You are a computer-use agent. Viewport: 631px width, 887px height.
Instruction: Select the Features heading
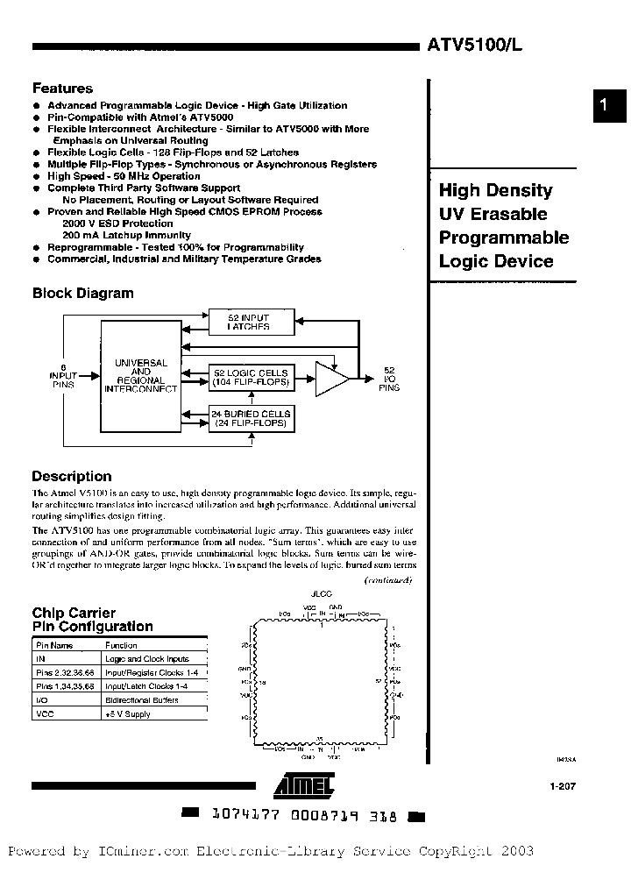[x=62, y=89]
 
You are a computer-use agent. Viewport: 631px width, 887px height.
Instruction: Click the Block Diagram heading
[x=82, y=294]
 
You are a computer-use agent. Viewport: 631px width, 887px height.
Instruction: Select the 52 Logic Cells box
[x=251, y=377]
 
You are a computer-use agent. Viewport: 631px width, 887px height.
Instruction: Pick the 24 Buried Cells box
[x=251, y=418]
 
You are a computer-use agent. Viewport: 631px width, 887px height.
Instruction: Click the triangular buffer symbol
[x=330, y=377]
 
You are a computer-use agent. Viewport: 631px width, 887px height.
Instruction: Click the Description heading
[x=72, y=477]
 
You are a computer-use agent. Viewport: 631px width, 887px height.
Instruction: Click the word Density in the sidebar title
[x=521, y=190]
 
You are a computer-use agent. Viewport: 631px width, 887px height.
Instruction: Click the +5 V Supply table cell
[x=128, y=714]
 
